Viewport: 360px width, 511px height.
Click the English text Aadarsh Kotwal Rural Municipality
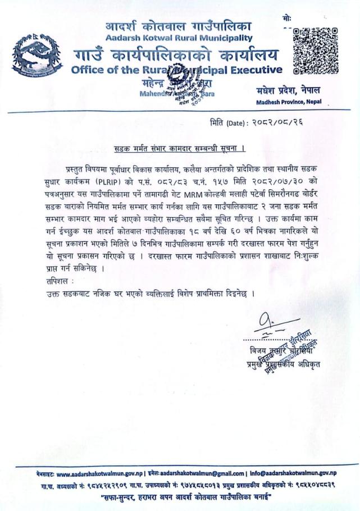coord(179,38)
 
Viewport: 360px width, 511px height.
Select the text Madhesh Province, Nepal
coord(288,102)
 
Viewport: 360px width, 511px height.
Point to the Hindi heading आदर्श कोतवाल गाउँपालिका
coord(179,26)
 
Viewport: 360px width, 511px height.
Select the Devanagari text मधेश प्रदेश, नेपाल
coord(287,91)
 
